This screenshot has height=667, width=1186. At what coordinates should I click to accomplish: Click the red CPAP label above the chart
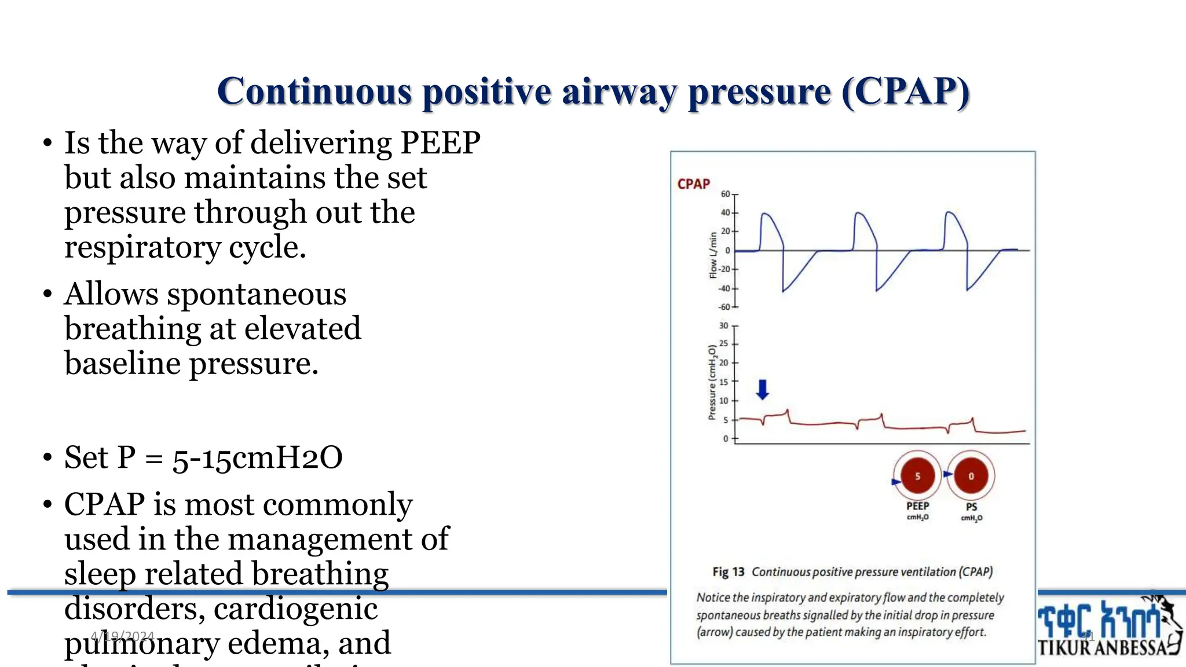693,184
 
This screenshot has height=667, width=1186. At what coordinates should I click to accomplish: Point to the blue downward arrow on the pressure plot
763,389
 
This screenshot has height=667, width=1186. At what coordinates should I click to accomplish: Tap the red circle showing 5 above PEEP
917,476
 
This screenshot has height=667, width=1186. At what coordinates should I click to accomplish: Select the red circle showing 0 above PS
971,476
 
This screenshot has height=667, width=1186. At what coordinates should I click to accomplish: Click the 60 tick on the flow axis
726,194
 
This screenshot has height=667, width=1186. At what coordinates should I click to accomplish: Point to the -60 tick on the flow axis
724,307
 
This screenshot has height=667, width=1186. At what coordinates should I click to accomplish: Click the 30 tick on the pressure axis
724,325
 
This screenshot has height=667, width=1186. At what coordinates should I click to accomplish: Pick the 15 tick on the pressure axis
724,382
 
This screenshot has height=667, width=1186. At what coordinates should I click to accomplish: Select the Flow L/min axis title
713,255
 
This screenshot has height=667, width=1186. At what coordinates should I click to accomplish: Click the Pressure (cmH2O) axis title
712,382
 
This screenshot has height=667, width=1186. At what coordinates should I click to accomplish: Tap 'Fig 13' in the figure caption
728,572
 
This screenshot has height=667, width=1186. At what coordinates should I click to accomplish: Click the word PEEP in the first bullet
440,142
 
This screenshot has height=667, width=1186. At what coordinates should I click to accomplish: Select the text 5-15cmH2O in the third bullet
257,457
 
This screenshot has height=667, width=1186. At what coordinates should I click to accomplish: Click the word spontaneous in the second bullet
257,294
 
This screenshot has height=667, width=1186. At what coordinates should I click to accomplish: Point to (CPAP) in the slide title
905,91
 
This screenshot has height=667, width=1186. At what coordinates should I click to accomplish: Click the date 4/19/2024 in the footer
122,636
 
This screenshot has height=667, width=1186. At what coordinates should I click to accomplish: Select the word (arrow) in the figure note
714,632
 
